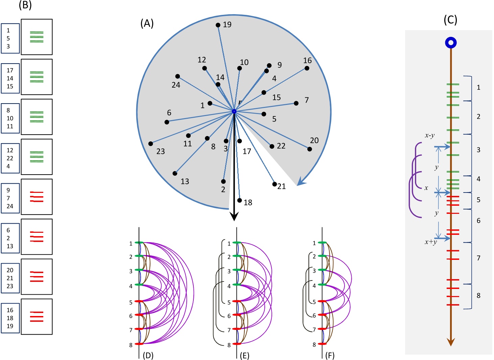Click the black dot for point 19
[218, 25]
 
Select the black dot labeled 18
[239, 200]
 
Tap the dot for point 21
[275, 184]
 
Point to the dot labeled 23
[150, 144]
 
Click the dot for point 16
[307, 68]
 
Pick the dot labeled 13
[175, 173]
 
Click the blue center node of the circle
[234, 111]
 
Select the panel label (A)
[147, 23]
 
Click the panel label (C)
[450, 20]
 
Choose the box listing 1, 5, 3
[10, 39]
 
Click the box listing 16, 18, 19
[10, 318]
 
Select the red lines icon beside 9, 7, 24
[37, 197]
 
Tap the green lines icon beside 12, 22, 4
[37, 157]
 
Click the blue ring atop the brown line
[450, 43]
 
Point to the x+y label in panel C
[431, 242]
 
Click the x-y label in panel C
[429, 136]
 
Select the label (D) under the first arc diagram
[148, 355]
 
